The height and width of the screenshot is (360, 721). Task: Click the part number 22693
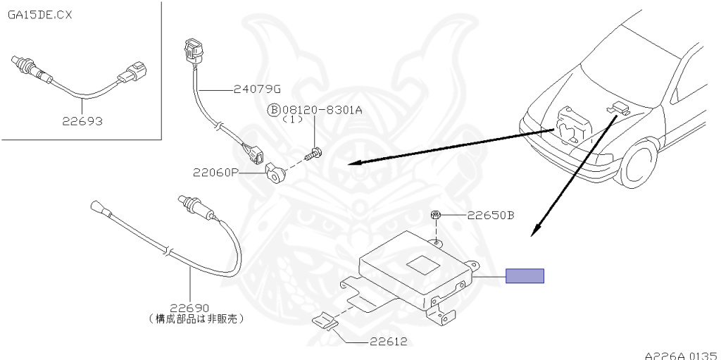pos(81,120)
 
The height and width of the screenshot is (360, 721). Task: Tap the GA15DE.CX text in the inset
pos(40,14)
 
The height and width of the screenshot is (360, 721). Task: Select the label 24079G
pos(257,89)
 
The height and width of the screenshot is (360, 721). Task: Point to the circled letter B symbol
pos(272,110)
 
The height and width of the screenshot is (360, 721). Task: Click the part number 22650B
pos(490,214)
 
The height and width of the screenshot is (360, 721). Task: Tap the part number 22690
pos(191,308)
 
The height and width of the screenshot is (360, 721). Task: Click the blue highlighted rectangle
pos(525,276)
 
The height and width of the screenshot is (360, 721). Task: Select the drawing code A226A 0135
pos(680,354)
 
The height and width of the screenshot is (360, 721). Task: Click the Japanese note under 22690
pos(196,319)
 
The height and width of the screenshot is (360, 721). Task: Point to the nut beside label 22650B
pos(436,214)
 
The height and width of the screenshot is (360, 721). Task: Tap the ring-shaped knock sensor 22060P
pos(274,171)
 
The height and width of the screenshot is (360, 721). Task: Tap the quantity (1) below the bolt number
pos(291,120)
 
